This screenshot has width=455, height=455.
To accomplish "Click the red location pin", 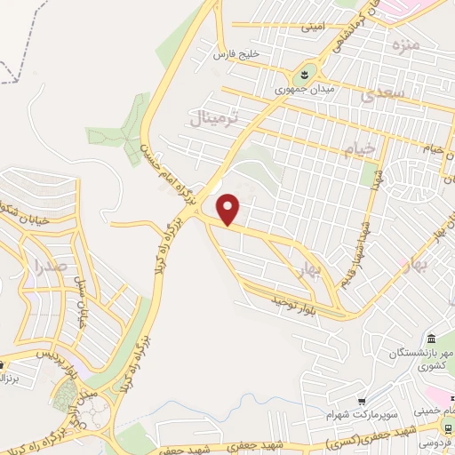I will [229, 209].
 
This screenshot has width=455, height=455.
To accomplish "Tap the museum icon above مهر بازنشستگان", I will [431, 340].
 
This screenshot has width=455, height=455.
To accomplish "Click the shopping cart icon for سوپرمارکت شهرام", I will [363, 402].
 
